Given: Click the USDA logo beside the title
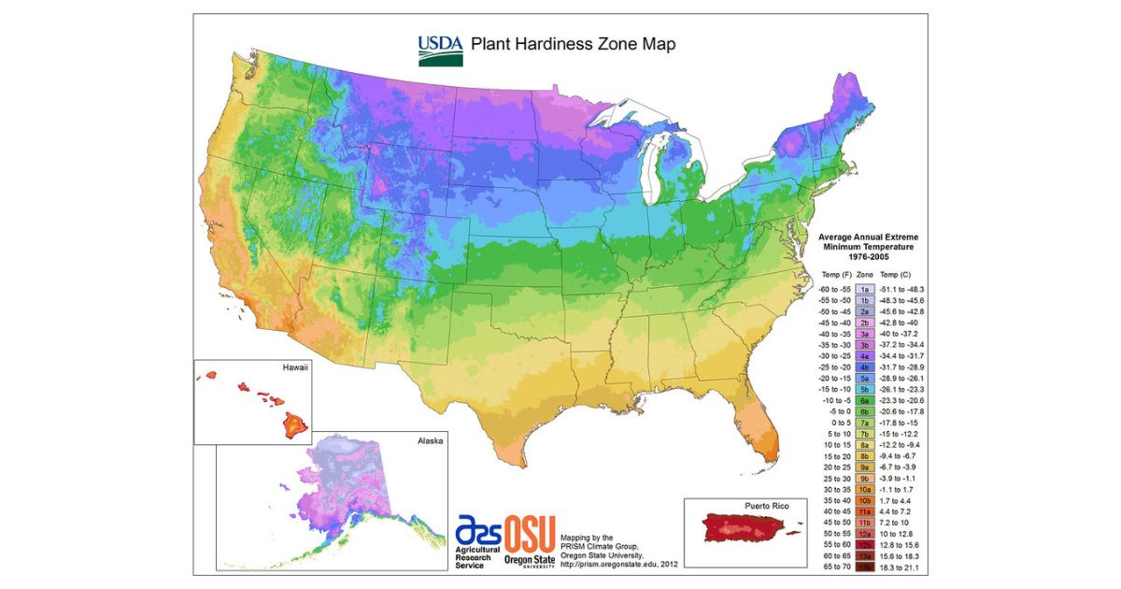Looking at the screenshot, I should pos(439,50).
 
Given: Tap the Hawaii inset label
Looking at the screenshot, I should pos(294,369).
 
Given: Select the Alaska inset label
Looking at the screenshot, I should pos(430,440).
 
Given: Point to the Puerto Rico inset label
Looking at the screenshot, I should pos(766,506).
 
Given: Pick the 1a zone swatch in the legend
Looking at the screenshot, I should pos(865,290).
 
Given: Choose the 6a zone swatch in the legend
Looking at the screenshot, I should pos(865,399).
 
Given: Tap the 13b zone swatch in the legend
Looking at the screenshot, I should pos(865,566).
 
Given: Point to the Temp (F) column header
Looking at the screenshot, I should pos(836,274).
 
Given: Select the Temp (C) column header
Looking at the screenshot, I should pos(899,274).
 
